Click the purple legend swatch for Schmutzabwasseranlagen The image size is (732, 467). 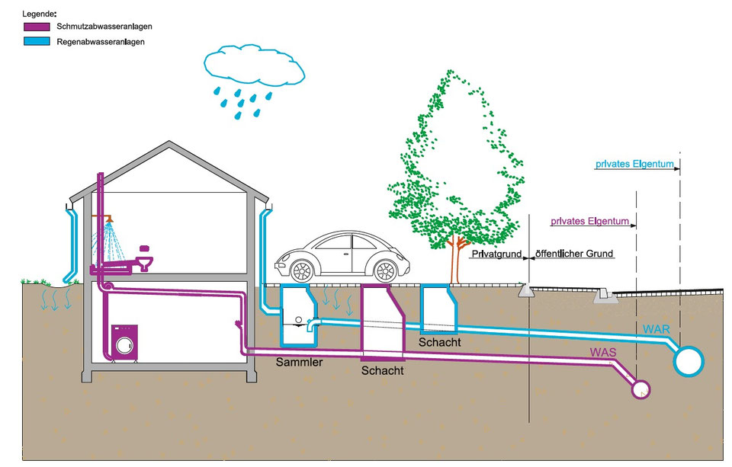tap(37, 27)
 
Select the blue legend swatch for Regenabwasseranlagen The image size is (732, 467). tap(37, 42)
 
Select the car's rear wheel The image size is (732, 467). tap(386, 270)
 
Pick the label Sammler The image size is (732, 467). tap(299, 362)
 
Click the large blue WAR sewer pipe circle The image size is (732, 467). tap(690, 360)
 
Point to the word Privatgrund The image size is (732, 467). tap(496, 254)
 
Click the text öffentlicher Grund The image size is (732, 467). tap(573, 254)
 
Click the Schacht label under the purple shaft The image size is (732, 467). tap(382, 371)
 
